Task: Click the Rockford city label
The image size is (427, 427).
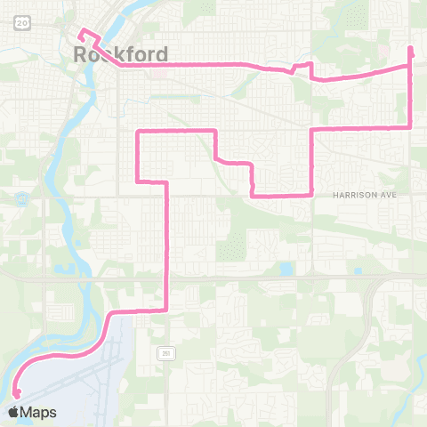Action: (120, 55)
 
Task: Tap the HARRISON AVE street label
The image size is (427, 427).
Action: (364, 195)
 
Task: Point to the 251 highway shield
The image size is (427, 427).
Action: (166, 352)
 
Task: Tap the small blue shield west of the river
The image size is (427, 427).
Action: (19, 197)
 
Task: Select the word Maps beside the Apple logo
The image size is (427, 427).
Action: (38, 412)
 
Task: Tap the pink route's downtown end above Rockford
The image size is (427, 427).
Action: (81, 32)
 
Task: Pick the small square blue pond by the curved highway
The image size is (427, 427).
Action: (286, 268)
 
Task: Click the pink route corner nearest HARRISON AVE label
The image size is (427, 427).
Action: (310, 193)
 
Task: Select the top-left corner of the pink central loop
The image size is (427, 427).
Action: (137, 132)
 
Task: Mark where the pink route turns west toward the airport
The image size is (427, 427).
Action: (166, 309)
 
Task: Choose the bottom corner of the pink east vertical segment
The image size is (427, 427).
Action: (410, 127)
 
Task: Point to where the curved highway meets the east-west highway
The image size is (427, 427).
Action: (368, 279)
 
